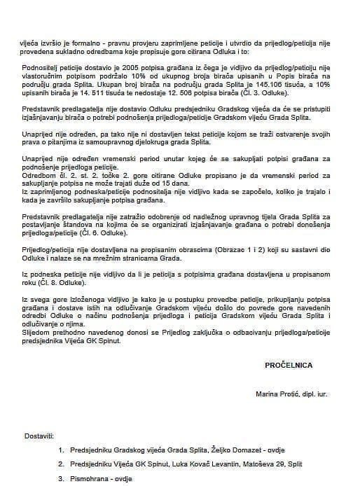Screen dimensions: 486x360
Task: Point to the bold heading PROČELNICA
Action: click(x=289, y=365)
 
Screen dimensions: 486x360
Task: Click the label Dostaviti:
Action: click(x=39, y=436)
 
